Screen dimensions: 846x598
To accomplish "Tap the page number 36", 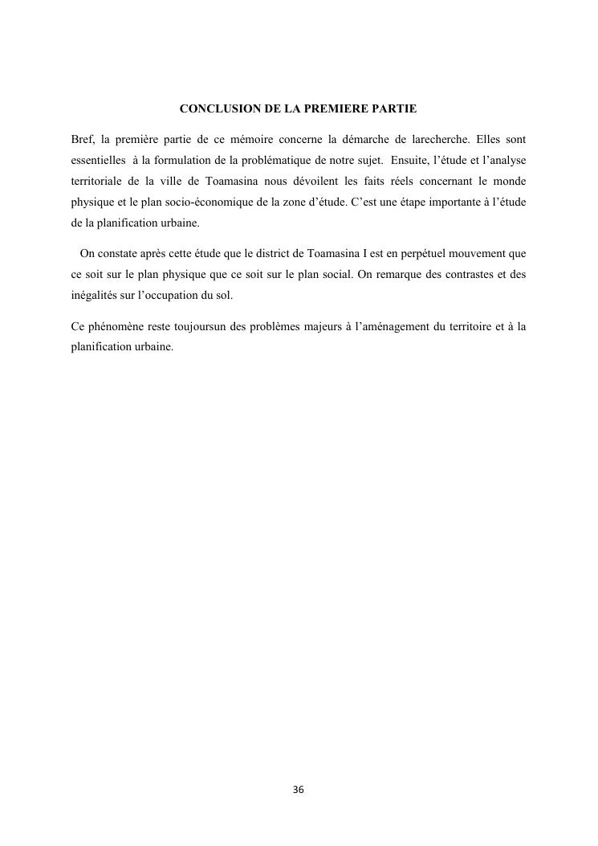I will (x=299, y=790).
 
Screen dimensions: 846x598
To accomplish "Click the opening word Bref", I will (x=83, y=139).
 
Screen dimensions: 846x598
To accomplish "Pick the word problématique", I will (x=258, y=160).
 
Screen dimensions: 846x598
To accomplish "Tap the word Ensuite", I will (x=409, y=160).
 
